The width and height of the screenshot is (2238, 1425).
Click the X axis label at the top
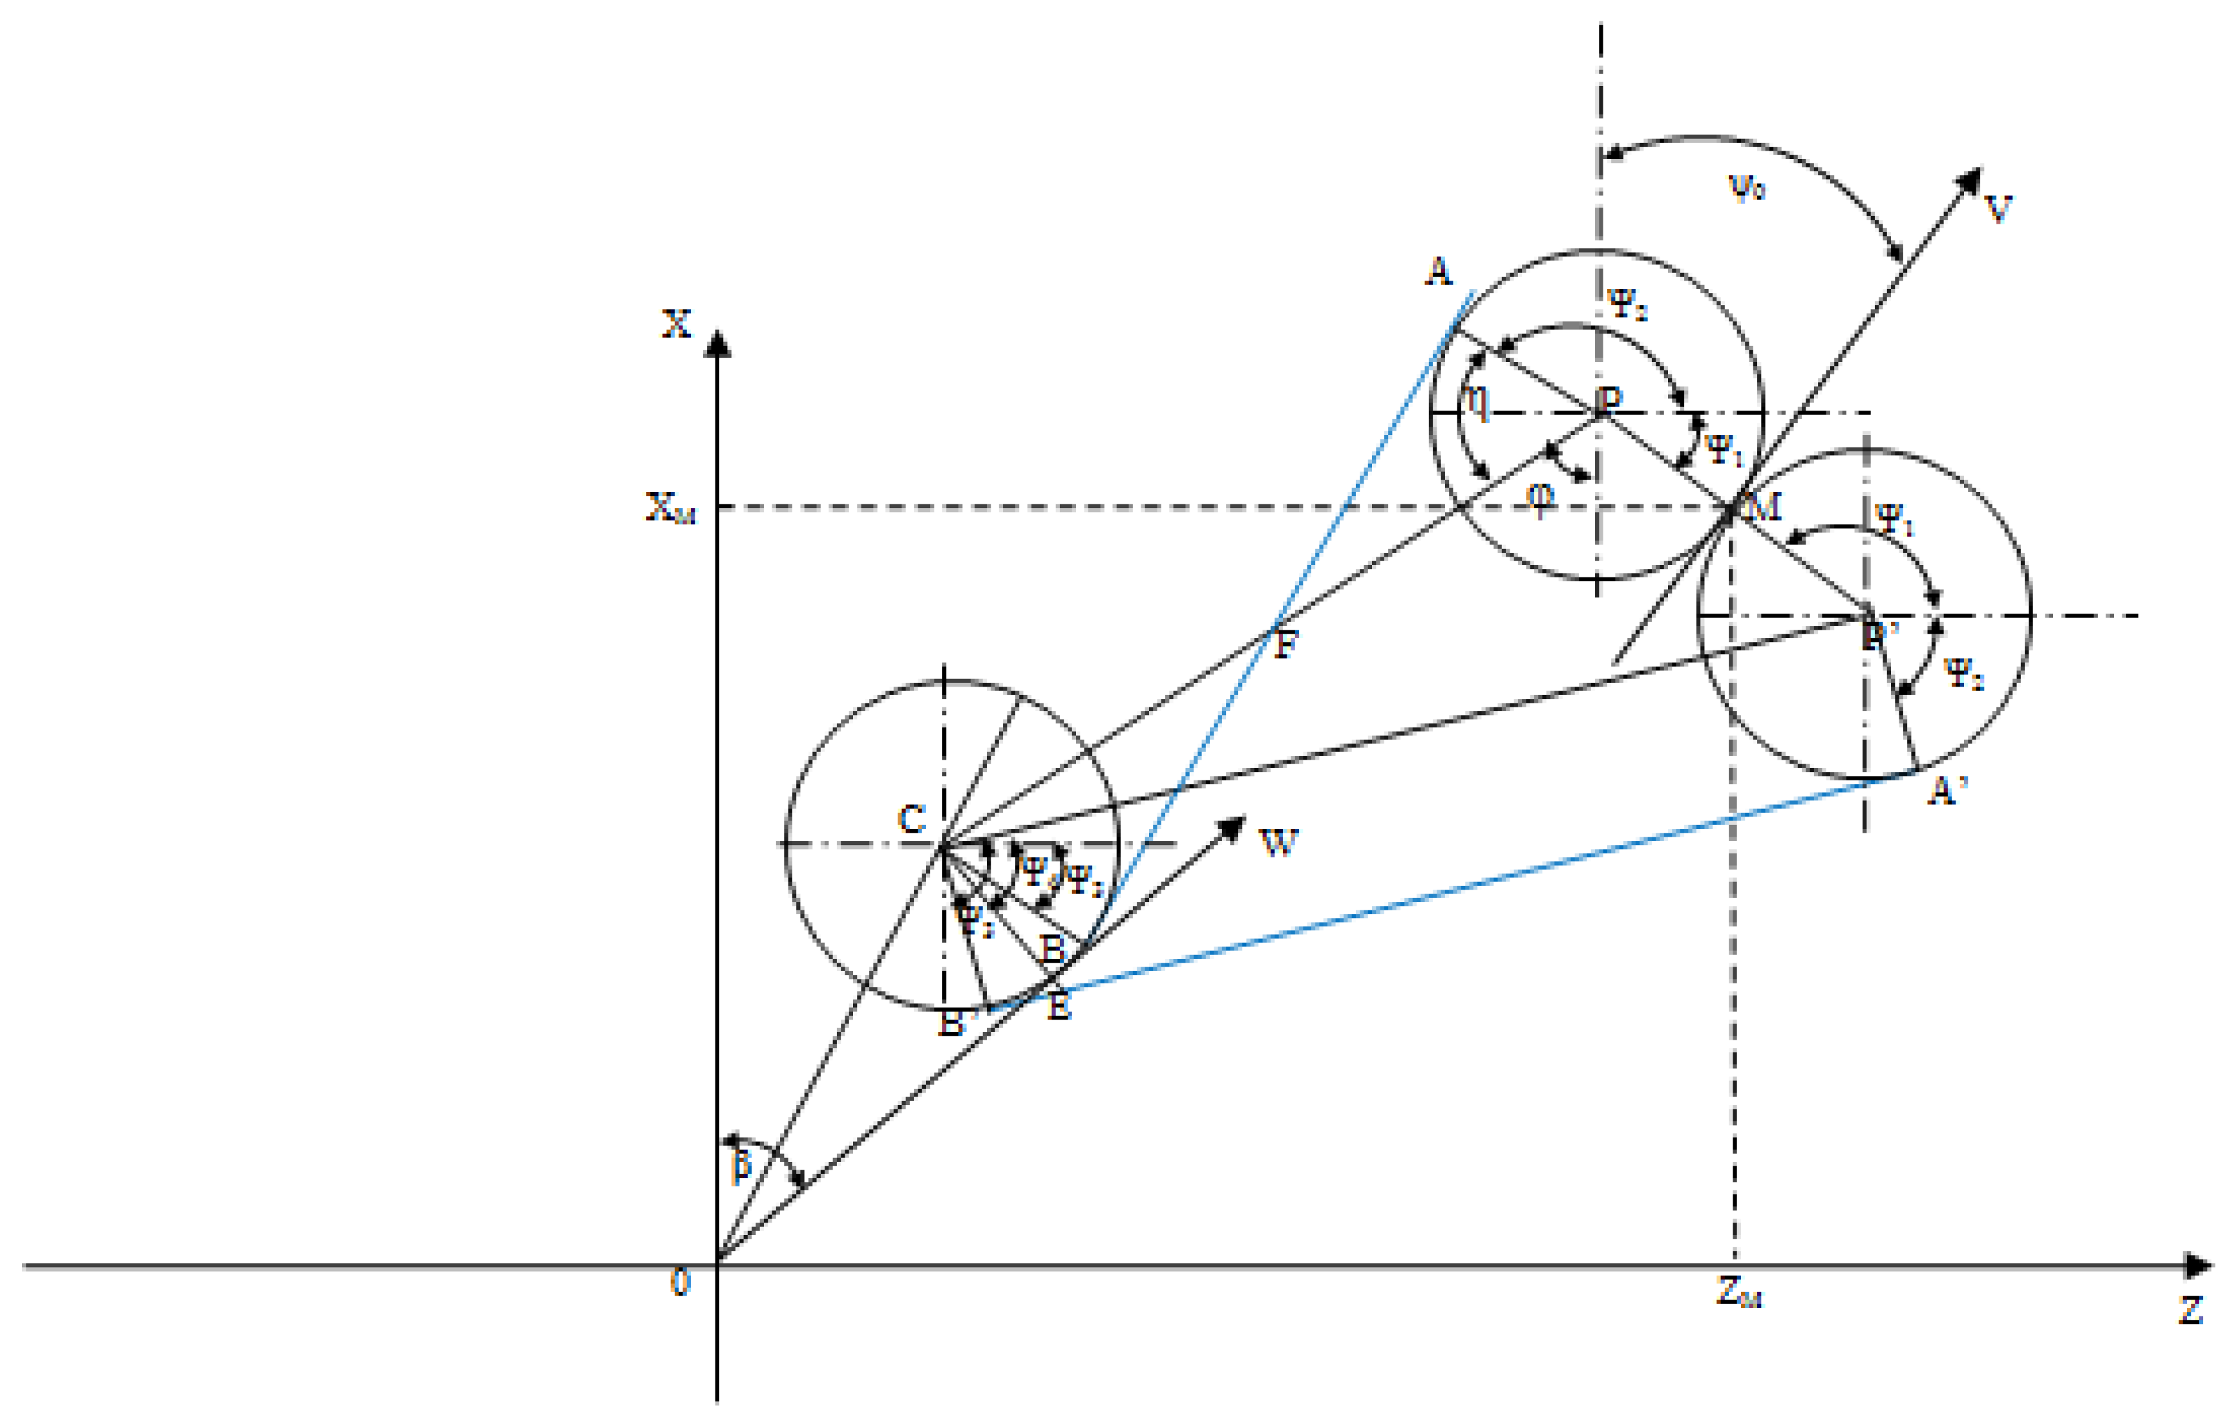[677, 323]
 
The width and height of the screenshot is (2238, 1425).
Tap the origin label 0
[681, 1283]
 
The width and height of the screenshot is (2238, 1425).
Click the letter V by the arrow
[1998, 209]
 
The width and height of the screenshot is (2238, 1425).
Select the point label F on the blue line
[1284, 644]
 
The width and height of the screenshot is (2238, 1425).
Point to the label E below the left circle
[1059, 1007]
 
